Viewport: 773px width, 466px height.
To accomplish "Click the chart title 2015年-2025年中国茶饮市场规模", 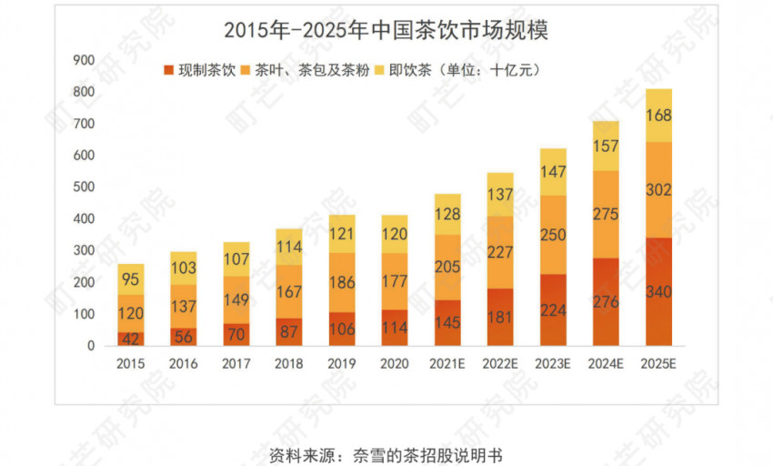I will click(x=386, y=29).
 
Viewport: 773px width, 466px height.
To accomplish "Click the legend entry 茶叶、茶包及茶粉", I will click(x=305, y=69).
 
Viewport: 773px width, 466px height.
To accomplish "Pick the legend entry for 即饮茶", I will click(x=408, y=69).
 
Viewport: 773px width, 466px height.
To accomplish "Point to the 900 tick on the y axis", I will click(x=84, y=60).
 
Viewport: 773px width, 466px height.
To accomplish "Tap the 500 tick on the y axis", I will click(x=84, y=187).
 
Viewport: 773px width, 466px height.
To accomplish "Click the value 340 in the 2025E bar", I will click(x=658, y=292).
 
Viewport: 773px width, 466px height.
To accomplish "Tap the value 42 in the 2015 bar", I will click(x=130, y=339).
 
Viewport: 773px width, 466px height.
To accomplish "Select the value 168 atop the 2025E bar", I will click(x=658, y=116).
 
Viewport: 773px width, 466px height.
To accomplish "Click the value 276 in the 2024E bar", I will click(x=606, y=302).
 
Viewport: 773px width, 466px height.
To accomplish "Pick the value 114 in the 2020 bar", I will click(x=394, y=329).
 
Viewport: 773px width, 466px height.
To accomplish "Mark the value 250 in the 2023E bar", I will click(x=553, y=235).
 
